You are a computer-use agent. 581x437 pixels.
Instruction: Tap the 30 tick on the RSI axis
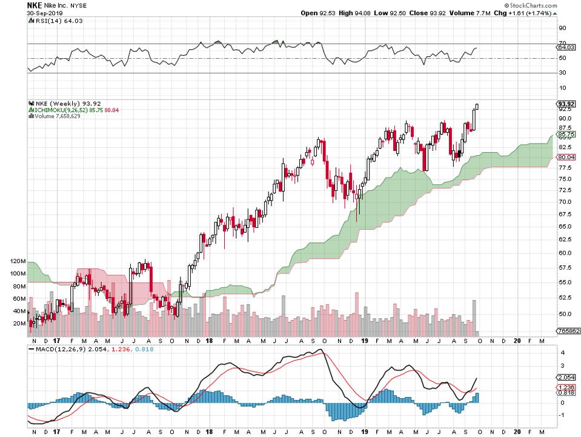click(x=562, y=73)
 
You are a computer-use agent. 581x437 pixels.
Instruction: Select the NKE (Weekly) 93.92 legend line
click(x=61, y=102)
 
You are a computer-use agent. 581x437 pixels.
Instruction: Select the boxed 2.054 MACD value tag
click(x=565, y=377)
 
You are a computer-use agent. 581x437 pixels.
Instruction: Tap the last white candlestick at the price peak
click(x=477, y=107)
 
